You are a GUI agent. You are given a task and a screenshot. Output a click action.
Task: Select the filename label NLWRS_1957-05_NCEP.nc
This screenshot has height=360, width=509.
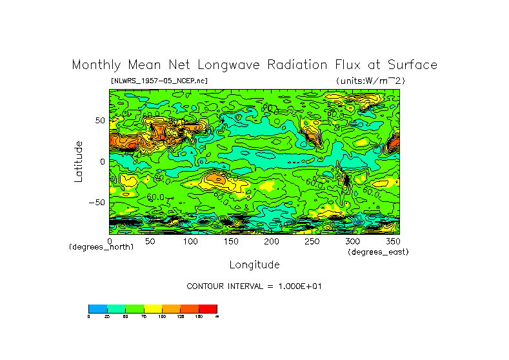[x=159, y=81]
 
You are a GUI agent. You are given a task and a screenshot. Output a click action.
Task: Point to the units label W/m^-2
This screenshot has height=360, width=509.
[x=370, y=81]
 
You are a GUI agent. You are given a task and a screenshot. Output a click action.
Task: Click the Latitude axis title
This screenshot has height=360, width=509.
[x=78, y=161]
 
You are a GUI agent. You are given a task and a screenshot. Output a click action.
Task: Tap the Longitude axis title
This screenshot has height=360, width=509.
[x=254, y=265]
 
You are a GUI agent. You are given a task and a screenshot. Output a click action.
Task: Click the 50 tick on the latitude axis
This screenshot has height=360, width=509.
[x=99, y=121]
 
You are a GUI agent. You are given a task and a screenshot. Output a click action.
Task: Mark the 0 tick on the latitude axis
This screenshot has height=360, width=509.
[x=102, y=161]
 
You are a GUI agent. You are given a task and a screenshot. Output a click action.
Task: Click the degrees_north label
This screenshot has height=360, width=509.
[x=101, y=247]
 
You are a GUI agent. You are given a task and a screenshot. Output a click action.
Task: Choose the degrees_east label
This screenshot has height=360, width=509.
[x=378, y=252]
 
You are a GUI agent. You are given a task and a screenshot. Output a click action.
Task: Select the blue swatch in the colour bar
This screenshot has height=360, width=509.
[x=97, y=308]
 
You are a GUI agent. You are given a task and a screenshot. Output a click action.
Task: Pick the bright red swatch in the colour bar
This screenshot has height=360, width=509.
[x=208, y=308]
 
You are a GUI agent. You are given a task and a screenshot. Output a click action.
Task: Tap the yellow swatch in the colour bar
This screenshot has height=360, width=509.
[x=153, y=308]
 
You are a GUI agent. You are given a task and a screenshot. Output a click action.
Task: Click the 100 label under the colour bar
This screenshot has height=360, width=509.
[x=162, y=316]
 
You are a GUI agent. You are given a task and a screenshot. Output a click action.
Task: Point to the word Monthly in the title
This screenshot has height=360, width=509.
[x=95, y=65]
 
